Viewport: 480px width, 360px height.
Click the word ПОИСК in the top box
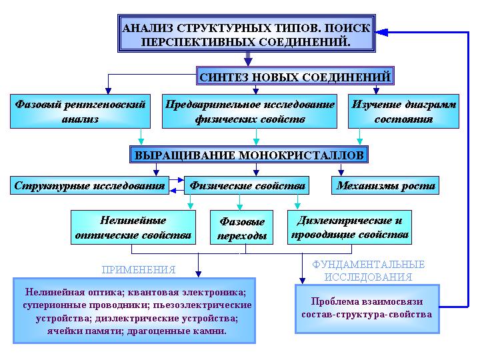click(347, 29)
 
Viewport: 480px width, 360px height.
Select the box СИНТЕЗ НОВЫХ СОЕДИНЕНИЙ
click(295, 76)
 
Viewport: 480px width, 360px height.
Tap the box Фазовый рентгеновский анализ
click(80, 111)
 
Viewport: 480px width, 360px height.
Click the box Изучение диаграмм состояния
click(403, 111)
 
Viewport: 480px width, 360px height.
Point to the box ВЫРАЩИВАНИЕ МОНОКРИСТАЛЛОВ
click(249, 155)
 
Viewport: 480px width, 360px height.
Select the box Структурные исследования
click(89, 185)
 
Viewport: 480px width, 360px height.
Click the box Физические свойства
click(247, 185)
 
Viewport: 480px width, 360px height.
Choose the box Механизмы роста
click(385, 185)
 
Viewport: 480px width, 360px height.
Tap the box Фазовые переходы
click(241, 227)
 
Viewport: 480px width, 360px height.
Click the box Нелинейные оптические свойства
click(133, 227)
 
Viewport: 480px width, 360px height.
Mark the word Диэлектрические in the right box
click(345, 221)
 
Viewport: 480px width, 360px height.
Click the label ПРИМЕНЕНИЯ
click(139, 270)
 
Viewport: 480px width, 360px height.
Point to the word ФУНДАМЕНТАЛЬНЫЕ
click(368, 264)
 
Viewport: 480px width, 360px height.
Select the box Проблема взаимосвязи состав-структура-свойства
click(367, 309)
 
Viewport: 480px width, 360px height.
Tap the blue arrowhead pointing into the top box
click(381, 32)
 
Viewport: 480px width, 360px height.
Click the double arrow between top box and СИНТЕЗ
click(248, 59)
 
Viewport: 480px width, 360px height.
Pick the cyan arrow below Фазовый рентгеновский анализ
click(141, 136)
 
